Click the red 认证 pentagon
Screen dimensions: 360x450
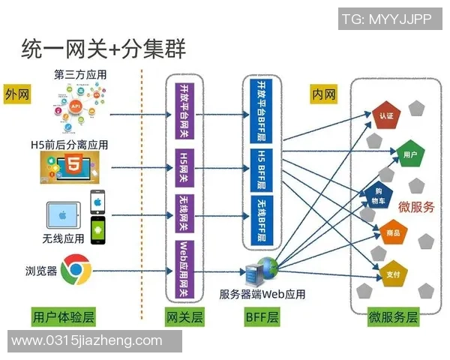[x=386, y=115]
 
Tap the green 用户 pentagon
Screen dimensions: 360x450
[x=409, y=154]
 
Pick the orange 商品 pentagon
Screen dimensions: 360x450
[x=392, y=233]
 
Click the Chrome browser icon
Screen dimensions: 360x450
[x=76, y=268]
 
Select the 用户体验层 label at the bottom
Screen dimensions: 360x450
[x=64, y=316]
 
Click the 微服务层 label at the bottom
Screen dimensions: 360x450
[x=393, y=316]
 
